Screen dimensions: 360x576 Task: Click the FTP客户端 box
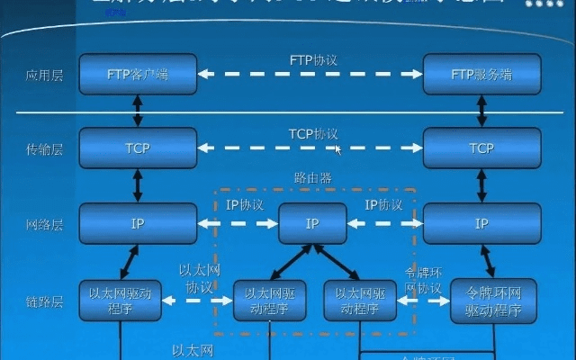[x=137, y=74]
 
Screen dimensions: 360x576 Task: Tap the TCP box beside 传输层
[x=137, y=148]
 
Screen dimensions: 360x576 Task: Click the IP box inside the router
[x=312, y=222]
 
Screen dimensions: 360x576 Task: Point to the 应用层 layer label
[x=43, y=75]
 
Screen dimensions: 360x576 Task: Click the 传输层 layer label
[x=43, y=148]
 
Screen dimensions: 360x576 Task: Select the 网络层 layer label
[x=43, y=223]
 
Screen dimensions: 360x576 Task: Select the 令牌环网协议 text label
[x=423, y=281]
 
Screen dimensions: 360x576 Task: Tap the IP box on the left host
[x=137, y=222]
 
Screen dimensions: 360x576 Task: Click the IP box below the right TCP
[x=481, y=222]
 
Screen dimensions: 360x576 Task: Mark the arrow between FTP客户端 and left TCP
[x=137, y=111]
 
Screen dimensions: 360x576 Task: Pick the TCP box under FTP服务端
[x=481, y=148]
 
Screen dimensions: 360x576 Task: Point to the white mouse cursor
[x=338, y=150]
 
